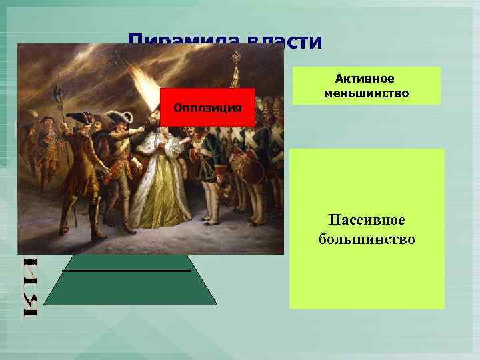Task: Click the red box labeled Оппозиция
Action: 208,107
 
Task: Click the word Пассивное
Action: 366,221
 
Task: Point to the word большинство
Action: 366,238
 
